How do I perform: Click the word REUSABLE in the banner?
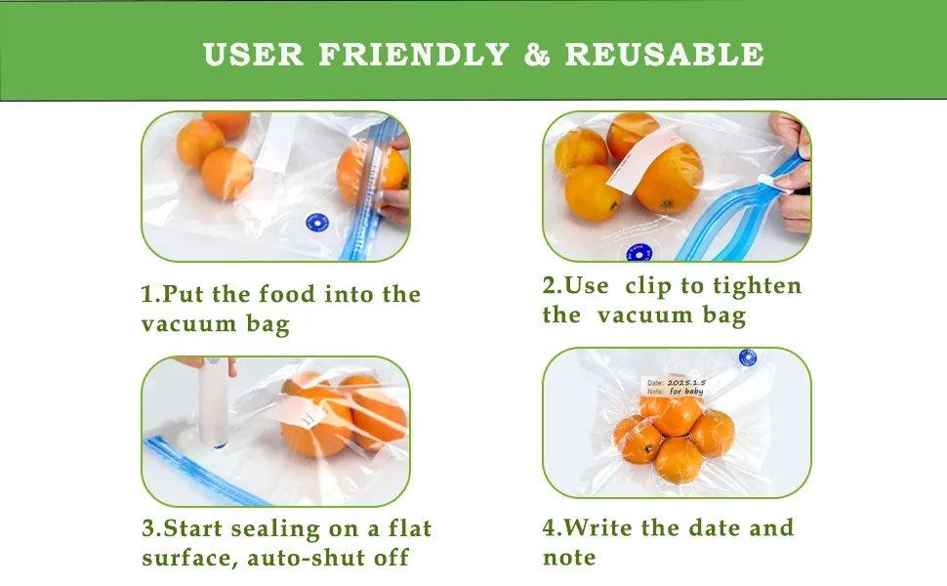pyautogui.click(x=664, y=54)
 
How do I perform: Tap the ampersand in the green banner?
pyautogui.click(x=537, y=54)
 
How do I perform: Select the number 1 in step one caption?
pyautogui.click(x=147, y=295)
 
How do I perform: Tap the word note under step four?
pyautogui.click(x=568, y=558)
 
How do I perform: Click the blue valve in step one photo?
pyautogui.click(x=315, y=224)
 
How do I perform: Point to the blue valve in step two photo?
pyautogui.click(x=638, y=254)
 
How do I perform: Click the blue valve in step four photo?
pyautogui.click(x=748, y=357)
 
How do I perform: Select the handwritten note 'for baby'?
pyautogui.click(x=685, y=392)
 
